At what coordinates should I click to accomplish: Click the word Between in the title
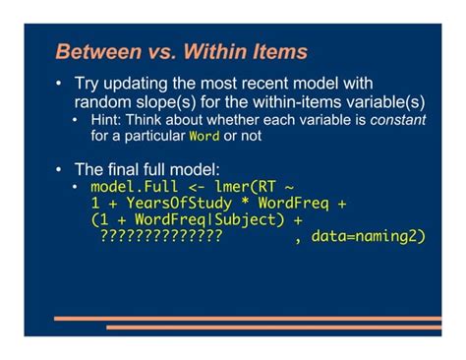95,52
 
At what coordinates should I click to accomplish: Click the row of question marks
160,237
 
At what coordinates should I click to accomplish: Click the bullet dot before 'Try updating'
60,85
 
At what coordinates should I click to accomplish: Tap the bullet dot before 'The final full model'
60,168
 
